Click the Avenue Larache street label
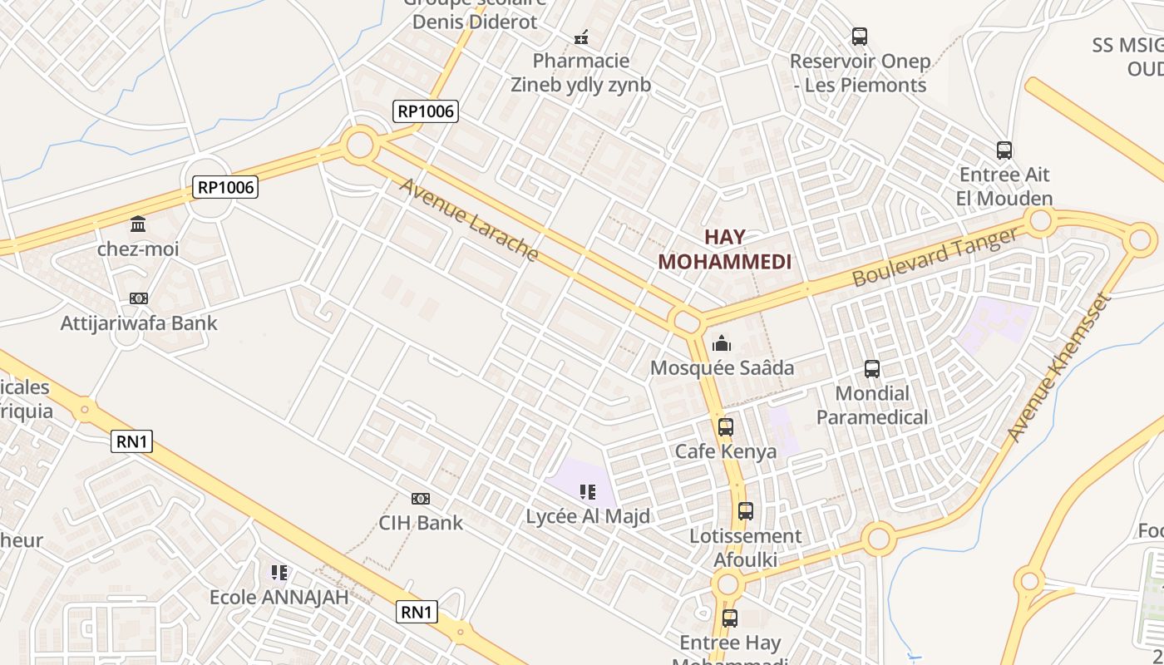pyautogui.click(x=470, y=219)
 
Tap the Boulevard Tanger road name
pyautogui.click(x=935, y=257)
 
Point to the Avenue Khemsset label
pyautogui.click(x=1058, y=367)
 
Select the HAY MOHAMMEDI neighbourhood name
pyautogui.click(x=724, y=249)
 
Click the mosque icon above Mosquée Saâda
pyautogui.click(x=722, y=343)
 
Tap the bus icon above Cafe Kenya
pyautogui.click(x=726, y=427)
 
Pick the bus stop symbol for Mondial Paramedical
pyautogui.click(x=871, y=368)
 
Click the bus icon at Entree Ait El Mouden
pyautogui.click(x=1004, y=150)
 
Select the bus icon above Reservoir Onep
pyautogui.click(x=860, y=37)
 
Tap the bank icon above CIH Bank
pyautogui.click(x=421, y=499)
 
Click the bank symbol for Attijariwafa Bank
pyautogui.click(x=139, y=298)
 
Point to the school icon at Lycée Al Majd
pyautogui.click(x=588, y=492)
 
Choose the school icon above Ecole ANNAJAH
pyautogui.click(x=279, y=573)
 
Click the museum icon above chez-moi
pyautogui.click(x=138, y=224)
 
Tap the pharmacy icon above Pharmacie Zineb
pyautogui.click(x=581, y=37)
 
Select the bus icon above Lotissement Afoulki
pyautogui.click(x=745, y=511)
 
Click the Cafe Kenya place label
pyautogui.click(x=726, y=451)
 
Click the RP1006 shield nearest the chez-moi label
pyautogui.click(x=225, y=187)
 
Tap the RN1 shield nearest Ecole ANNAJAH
pyautogui.click(x=417, y=613)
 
